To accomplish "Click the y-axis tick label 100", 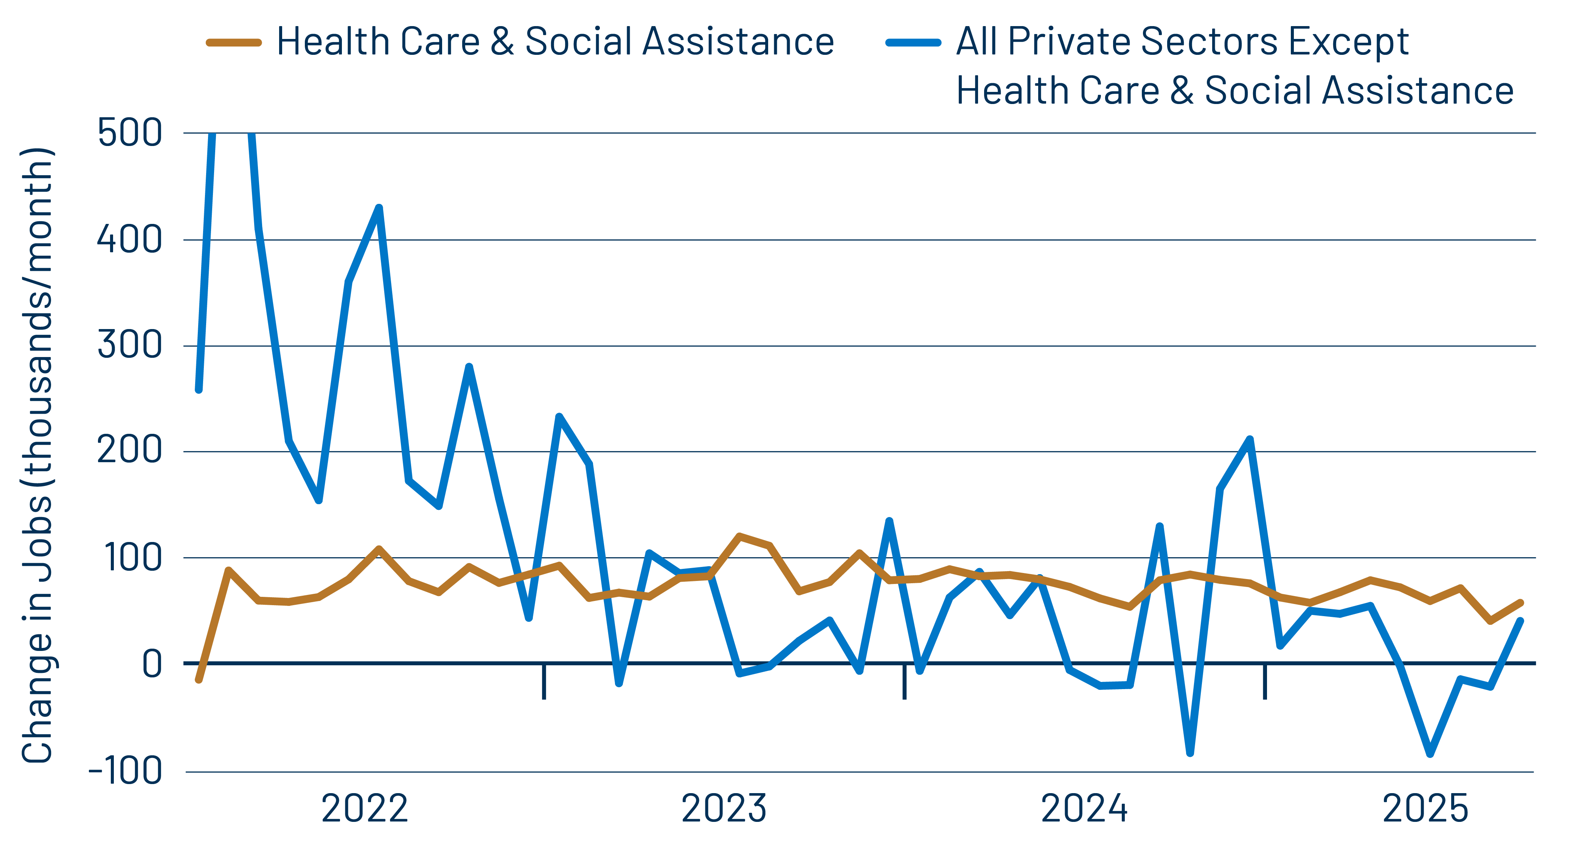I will (134, 557).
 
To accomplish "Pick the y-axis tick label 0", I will (152, 664).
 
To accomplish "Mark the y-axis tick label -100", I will (126, 771).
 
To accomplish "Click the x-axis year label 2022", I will (365, 809).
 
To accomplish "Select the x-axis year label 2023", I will (724, 809).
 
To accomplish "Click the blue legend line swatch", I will (913, 43).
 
